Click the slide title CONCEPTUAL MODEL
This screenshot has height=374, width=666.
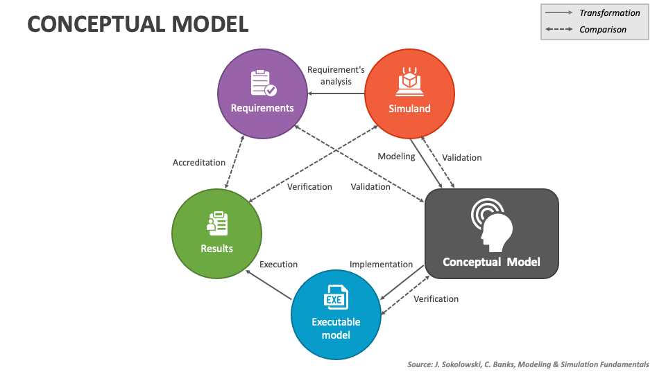point(137,24)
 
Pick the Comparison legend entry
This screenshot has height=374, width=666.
point(602,30)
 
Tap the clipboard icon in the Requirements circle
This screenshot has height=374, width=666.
point(262,82)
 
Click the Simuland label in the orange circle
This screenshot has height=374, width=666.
point(409,108)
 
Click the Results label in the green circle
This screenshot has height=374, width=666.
point(216,248)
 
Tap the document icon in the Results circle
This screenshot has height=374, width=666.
point(217,223)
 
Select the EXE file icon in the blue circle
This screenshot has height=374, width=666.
point(336,297)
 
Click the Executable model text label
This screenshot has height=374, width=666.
point(336,328)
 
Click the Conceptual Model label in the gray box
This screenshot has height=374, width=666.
point(491,262)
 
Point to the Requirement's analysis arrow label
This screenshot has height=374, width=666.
point(336,75)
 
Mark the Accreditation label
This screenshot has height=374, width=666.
point(199,163)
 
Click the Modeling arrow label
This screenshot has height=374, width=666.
point(396,157)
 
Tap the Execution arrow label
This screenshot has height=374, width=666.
point(278,265)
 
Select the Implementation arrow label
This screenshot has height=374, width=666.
point(381,265)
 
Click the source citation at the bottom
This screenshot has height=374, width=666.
point(527,364)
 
